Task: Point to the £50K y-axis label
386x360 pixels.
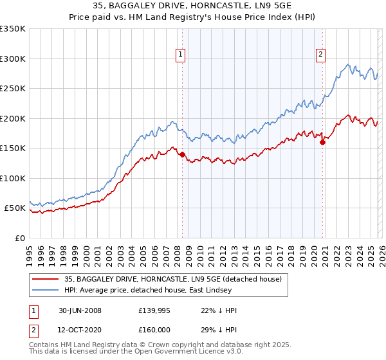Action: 14,208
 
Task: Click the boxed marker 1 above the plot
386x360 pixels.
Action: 181,55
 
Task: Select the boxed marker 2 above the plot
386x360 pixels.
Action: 320,55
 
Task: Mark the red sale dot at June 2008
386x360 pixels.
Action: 182,154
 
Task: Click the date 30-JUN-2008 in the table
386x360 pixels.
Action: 80,310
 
